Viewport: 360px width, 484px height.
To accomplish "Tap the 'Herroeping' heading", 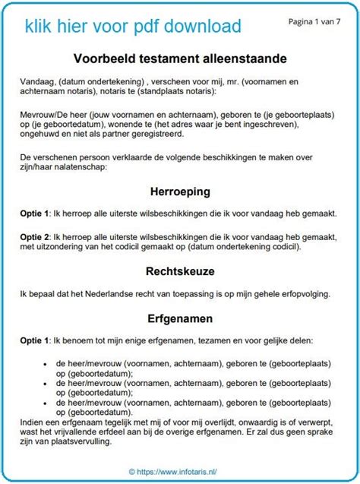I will (180, 192).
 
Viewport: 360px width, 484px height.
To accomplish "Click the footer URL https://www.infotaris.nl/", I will (185, 471).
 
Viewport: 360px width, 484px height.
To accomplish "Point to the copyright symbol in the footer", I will (131, 471).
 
